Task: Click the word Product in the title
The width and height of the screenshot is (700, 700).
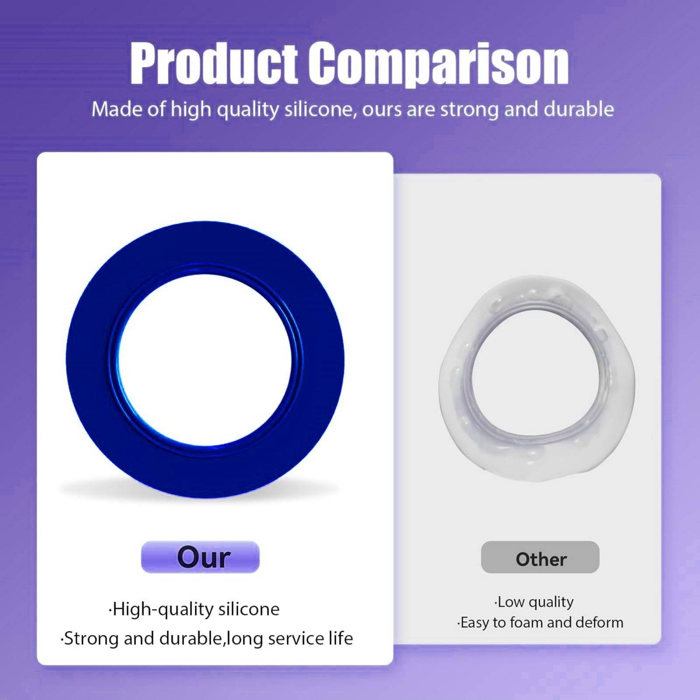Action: coord(214,65)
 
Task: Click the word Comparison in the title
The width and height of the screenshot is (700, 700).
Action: coord(438,65)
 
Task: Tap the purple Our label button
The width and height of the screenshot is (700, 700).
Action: coord(200,557)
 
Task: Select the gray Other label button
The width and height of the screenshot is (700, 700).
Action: coord(540,557)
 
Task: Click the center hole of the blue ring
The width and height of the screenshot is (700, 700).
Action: coord(205,361)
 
